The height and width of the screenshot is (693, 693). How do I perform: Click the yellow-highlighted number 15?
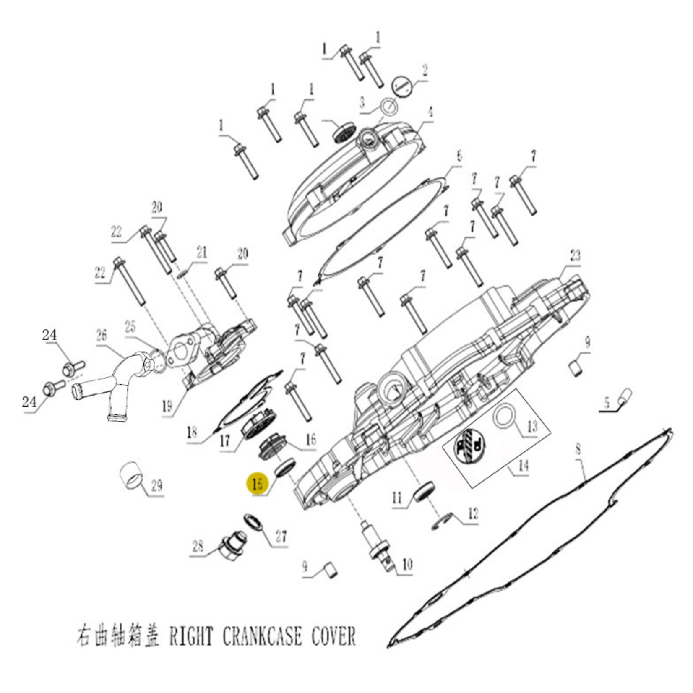pyautogui.click(x=258, y=483)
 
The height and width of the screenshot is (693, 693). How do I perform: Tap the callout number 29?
pyautogui.click(x=156, y=486)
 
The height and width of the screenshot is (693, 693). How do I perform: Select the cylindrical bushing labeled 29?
pyautogui.click(x=131, y=475)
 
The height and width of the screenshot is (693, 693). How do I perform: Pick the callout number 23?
pyautogui.click(x=575, y=255)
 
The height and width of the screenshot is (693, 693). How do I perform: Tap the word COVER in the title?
pyautogui.click(x=333, y=636)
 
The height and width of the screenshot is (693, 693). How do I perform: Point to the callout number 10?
pyautogui.click(x=407, y=564)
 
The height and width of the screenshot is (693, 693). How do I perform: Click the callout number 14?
pyautogui.click(x=524, y=465)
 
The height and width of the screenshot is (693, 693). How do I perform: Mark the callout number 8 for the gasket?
pyautogui.click(x=578, y=450)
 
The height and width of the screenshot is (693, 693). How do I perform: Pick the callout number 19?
pyautogui.click(x=167, y=406)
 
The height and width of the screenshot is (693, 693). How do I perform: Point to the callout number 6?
pyautogui.click(x=459, y=156)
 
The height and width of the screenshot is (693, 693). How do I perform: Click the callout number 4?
pyautogui.click(x=430, y=112)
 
